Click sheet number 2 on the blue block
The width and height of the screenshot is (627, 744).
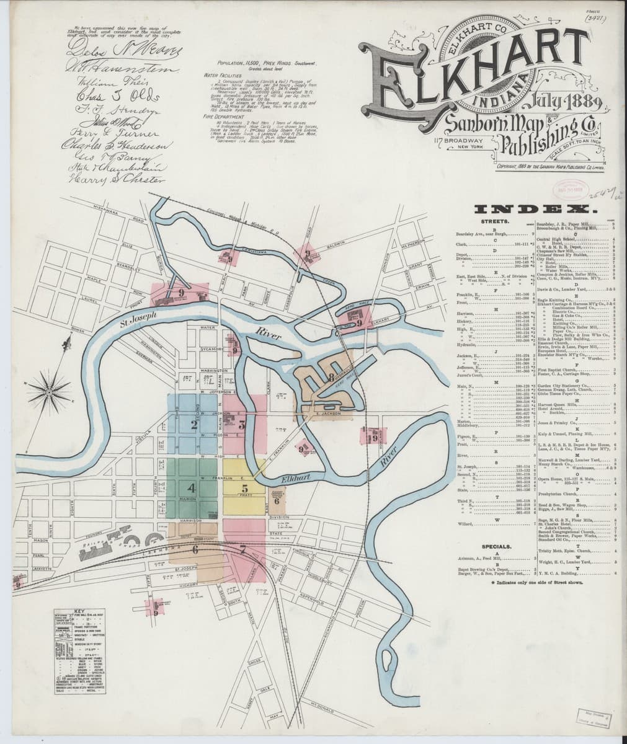coord(193,425)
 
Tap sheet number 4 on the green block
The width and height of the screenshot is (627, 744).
coord(192,488)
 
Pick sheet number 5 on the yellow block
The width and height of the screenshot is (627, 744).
coord(245,488)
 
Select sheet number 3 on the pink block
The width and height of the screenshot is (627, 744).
coord(241,425)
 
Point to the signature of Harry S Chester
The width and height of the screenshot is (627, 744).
coord(117,179)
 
